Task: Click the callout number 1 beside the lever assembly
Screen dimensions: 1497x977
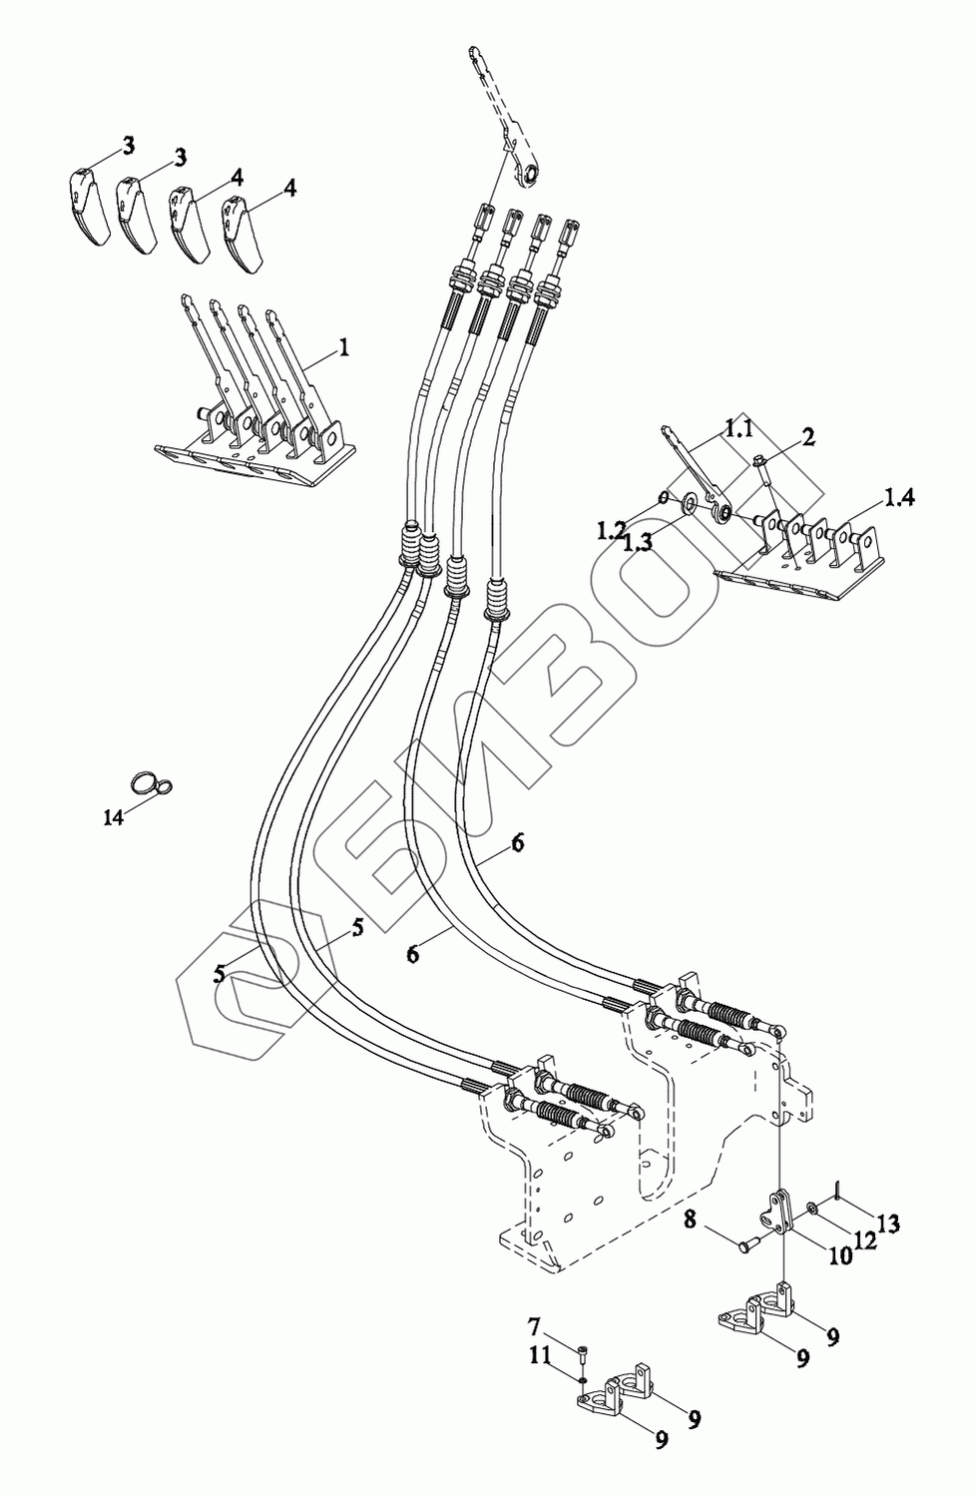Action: pos(343,347)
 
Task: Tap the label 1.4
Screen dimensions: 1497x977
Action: pos(898,496)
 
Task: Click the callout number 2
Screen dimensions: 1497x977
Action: pos(807,435)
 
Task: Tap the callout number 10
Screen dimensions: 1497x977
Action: pos(839,1255)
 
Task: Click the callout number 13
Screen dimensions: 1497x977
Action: pos(888,1224)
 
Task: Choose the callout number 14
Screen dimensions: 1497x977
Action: pos(114,816)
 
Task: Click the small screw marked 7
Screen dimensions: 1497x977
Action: pos(583,1354)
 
